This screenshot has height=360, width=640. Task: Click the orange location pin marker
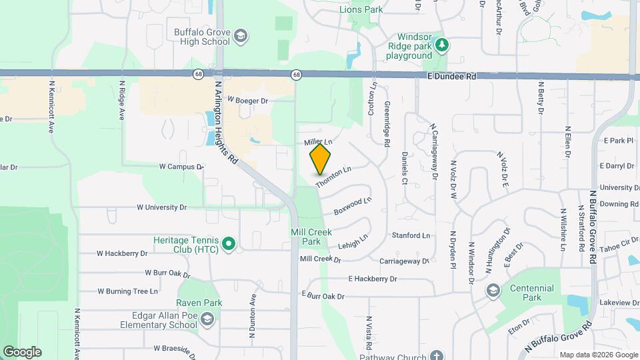[x=321, y=159]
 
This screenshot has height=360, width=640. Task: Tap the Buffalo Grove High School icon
[x=240, y=35]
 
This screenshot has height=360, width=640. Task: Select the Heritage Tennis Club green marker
[x=229, y=244]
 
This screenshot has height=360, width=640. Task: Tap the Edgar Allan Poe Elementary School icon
[x=207, y=320]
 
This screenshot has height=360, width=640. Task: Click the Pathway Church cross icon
[x=437, y=356]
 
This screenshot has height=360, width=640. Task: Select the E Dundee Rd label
[x=453, y=77]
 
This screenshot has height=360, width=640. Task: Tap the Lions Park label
[x=361, y=9]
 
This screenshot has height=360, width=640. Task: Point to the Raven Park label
[x=199, y=303]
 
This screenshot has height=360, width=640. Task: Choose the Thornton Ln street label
[x=333, y=177]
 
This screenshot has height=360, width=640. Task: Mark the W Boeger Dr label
[x=247, y=101]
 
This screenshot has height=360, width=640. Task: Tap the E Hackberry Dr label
[x=372, y=279]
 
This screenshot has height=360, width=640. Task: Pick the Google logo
[x=22, y=352]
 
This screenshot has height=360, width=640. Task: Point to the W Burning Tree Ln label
[x=128, y=291]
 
